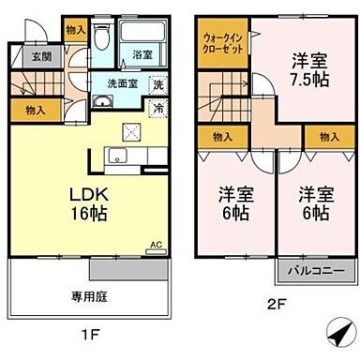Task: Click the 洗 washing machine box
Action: tap(157, 84)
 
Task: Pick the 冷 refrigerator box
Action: tap(157, 107)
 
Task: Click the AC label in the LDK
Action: tap(156, 246)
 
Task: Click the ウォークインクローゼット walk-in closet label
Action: tap(222, 43)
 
